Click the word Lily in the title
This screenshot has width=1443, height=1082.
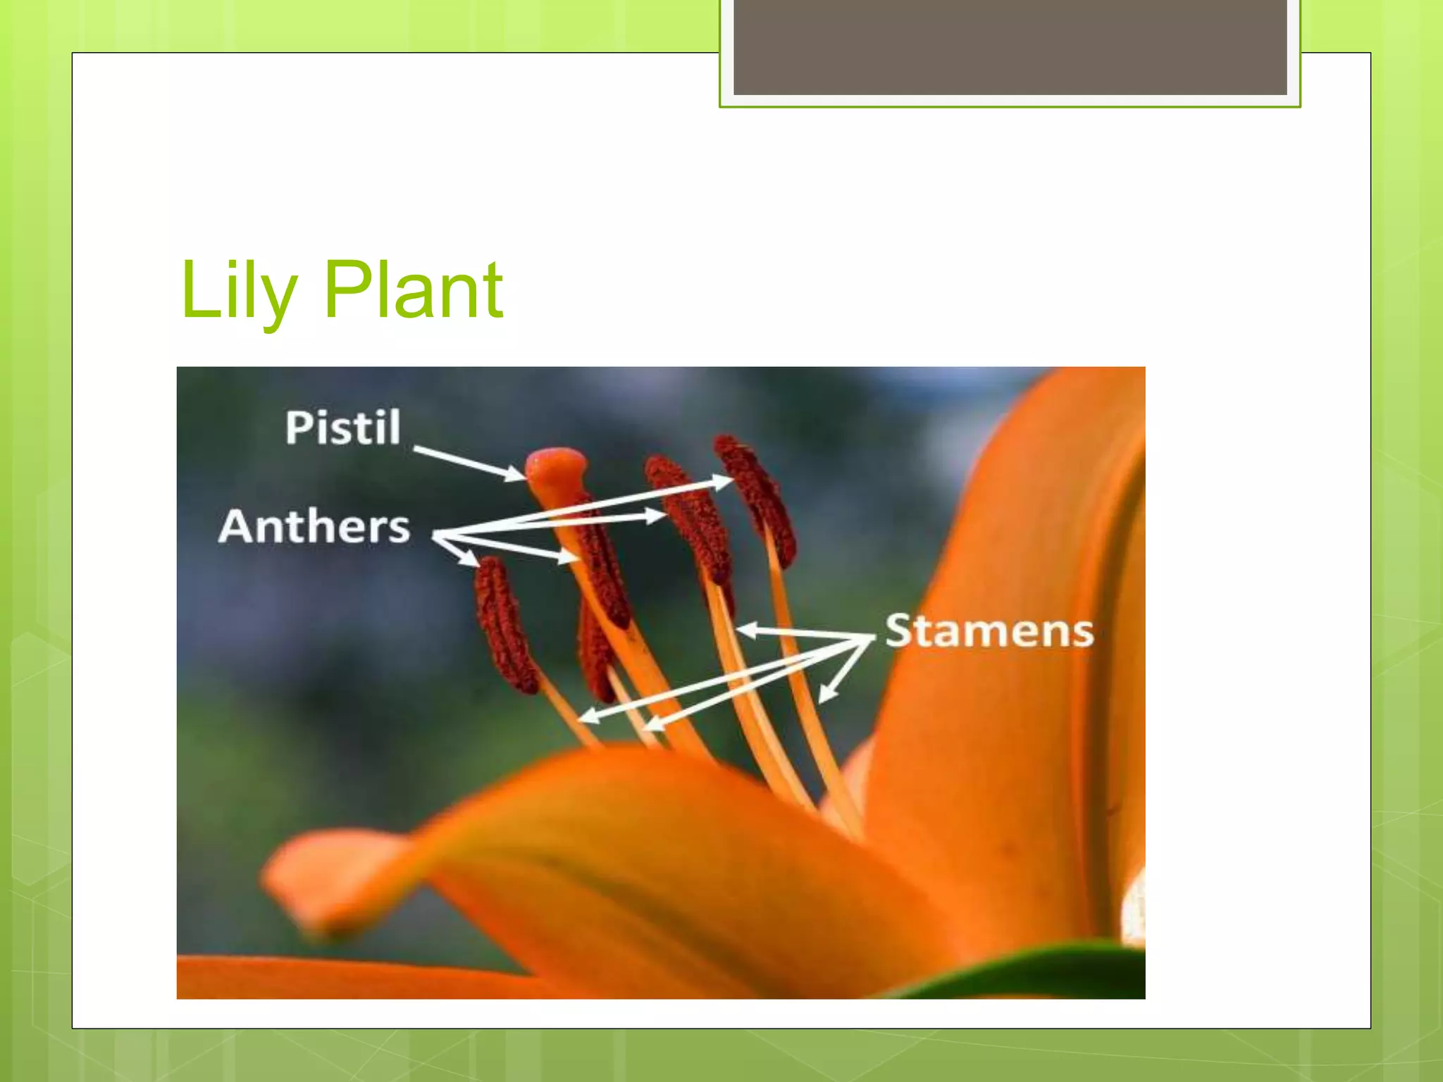[x=238, y=290]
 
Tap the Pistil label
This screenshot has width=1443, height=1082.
[x=342, y=428]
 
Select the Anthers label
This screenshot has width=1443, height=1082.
[x=314, y=527]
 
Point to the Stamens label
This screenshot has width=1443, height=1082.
[x=989, y=630]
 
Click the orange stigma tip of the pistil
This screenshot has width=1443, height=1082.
[x=556, y=466]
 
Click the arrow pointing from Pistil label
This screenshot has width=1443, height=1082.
[x=469, y=463]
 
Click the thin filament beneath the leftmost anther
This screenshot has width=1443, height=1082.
[x=568, y=711]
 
